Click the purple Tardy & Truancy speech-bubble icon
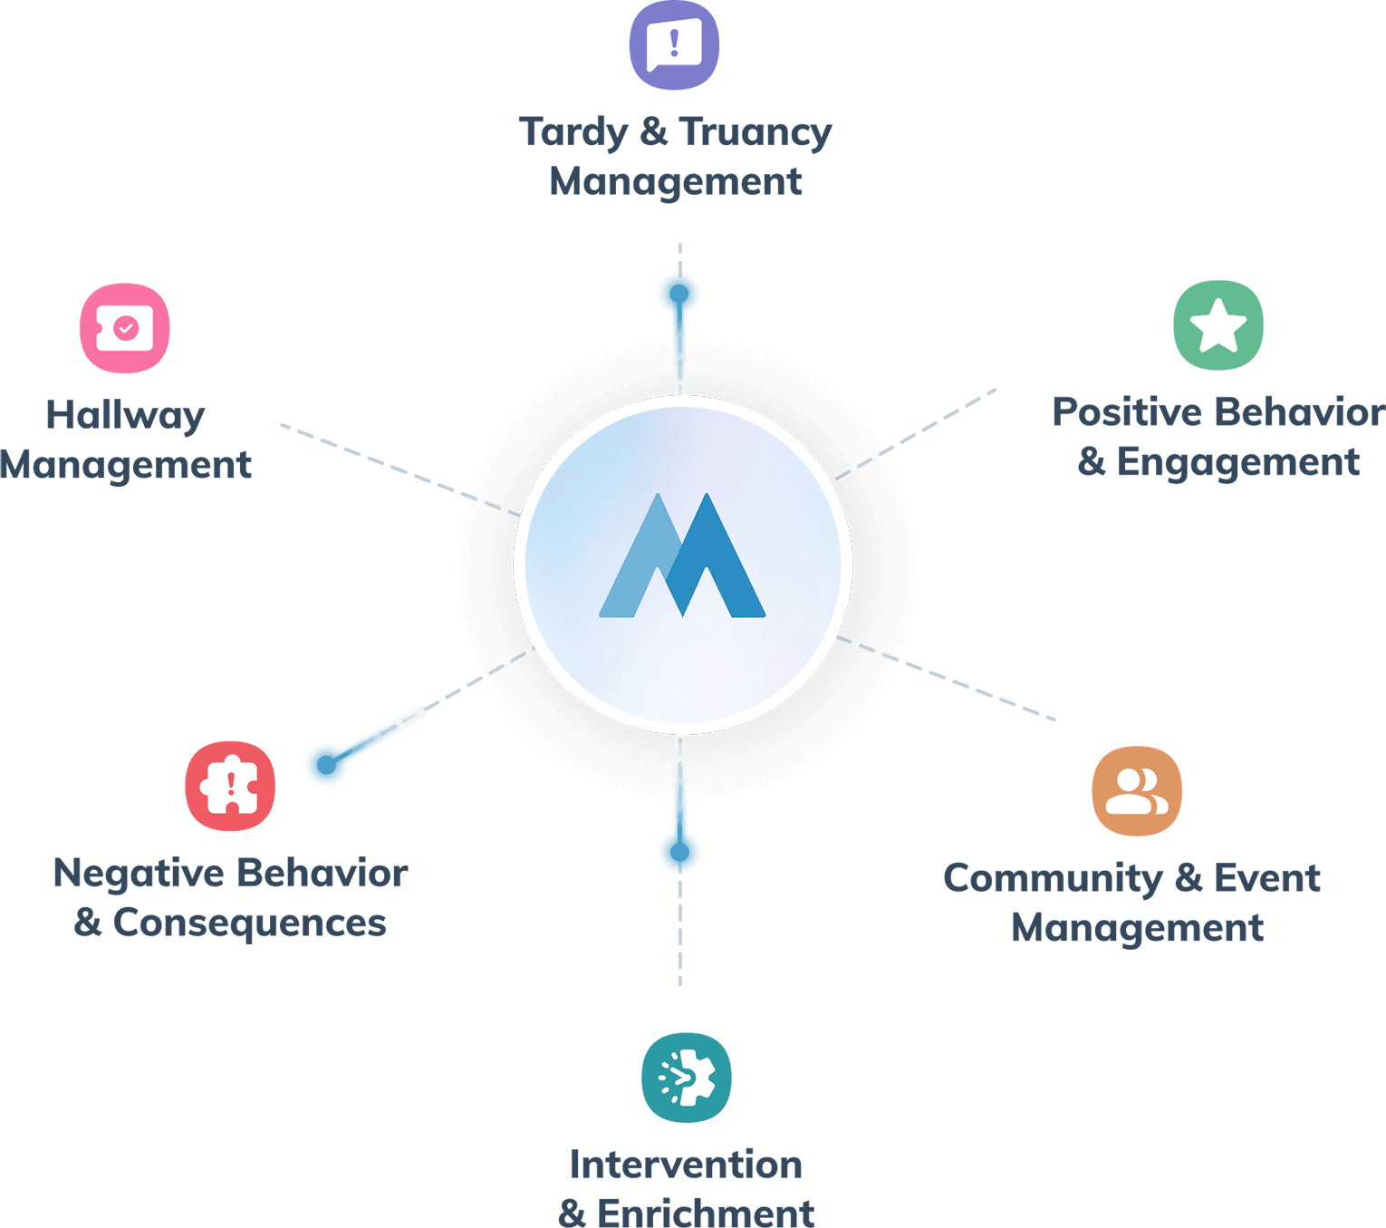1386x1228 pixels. pos(674,45)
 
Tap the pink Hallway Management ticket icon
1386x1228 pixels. pos(125,328)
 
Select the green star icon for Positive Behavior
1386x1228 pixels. pos(1218,325)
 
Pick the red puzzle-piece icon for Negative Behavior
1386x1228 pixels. pos(230,786)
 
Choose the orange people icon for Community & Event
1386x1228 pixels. pos(1136,791)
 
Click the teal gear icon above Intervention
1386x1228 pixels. pos(687,1078)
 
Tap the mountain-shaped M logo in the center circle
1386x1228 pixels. pos(683,556)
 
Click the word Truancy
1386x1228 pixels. pos(755,132)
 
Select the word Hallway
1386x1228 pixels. pos(125,416)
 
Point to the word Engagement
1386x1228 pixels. pos(1237,463)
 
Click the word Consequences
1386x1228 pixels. pos(249,923)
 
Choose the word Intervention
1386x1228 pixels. pos(686,1165)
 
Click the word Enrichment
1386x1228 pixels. pos(706,1213)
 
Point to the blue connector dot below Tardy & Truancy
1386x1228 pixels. pos(679,293)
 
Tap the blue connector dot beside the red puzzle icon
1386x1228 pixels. pos(325,764)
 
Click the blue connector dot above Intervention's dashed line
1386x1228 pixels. pos(679,852)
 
